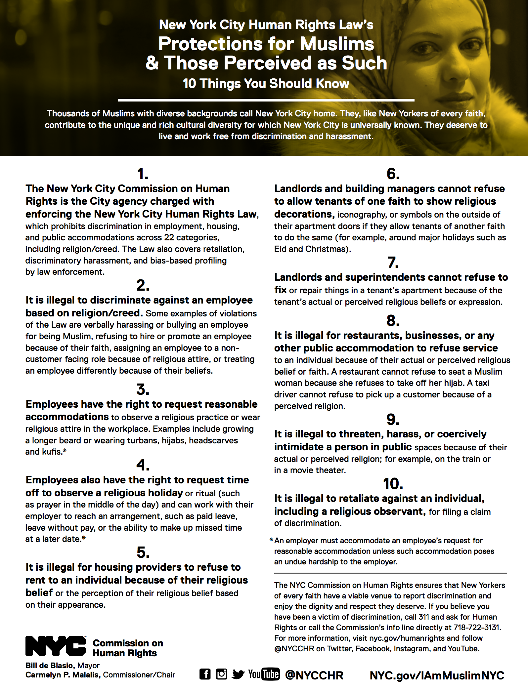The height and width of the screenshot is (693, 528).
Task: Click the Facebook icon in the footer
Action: pos(205,674)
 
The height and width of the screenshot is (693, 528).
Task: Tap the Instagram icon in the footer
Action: pos(222,674)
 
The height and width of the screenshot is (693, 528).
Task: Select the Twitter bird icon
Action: pos(238,674)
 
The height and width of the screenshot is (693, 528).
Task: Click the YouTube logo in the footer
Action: pos(264,674)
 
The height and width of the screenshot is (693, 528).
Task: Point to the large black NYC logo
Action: pos(56,646)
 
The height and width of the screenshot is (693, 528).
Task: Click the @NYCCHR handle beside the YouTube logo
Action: pos(314,675)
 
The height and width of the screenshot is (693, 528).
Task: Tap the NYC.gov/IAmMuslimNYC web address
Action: pos(437,675)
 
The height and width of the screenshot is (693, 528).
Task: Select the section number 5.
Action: pos(143,552)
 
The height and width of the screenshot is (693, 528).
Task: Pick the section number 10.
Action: pos(393,484)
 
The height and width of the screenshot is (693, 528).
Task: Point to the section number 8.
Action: pos(393,320)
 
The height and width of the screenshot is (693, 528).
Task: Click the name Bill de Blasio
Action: pos(50,665)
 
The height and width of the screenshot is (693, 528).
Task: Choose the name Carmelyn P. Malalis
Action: pos(63,675)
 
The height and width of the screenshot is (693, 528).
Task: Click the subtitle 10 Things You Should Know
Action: pos(266,84)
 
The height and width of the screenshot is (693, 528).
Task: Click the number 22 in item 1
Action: pos(169,237)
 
